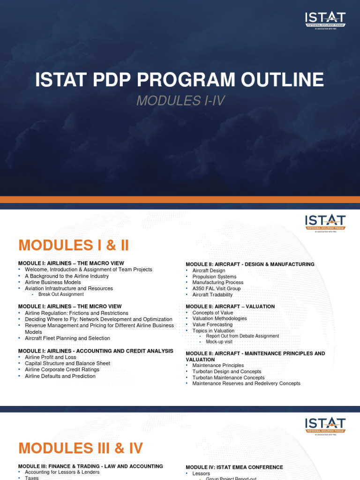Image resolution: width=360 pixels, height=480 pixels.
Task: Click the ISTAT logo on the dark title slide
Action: click(325, 20)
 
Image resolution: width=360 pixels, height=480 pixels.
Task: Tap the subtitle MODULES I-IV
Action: click(177, 100)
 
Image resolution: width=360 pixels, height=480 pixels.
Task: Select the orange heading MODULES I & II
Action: click(73, 245)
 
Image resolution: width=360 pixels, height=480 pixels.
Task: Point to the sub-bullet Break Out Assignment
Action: click(61, 294)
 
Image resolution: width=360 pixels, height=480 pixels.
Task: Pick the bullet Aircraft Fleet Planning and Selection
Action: click(67, 338)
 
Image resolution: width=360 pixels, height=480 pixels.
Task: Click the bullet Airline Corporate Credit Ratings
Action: click(62, 369)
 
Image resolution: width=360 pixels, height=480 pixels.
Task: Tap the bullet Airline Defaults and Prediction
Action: click(60, 376)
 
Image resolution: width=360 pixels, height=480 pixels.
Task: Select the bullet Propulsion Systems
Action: click(215, 277)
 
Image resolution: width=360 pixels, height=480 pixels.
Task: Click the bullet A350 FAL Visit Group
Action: click(216, 289)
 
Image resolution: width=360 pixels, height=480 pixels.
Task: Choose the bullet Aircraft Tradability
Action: click(212, 295)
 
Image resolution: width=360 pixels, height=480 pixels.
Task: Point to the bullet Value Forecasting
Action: click(212, 324)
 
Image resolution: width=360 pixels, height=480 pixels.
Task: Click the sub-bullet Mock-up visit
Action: click(219, 342)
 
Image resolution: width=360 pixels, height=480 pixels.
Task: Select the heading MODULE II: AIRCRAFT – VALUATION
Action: click(230, 307)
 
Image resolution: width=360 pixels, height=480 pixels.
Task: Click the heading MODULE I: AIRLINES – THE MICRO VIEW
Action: click(70, 307)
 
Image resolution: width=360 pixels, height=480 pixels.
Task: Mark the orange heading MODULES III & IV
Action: click(80, 448)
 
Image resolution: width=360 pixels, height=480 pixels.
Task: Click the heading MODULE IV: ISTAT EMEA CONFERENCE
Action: click(234, 467)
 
